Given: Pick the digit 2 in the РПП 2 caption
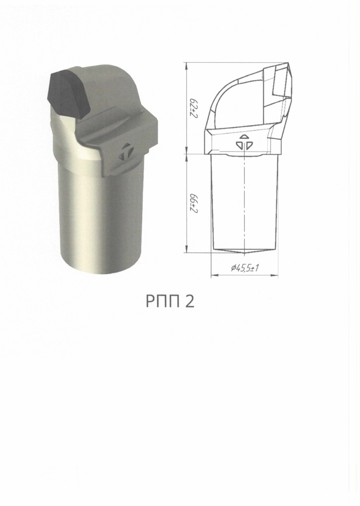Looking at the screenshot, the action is click(x=190, y=301).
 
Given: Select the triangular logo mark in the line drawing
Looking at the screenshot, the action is click(x=244, y=142).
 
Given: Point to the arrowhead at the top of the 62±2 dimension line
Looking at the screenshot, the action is click(x=186, y=65).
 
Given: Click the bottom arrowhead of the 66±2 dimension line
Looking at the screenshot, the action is click(x=186, y=250).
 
